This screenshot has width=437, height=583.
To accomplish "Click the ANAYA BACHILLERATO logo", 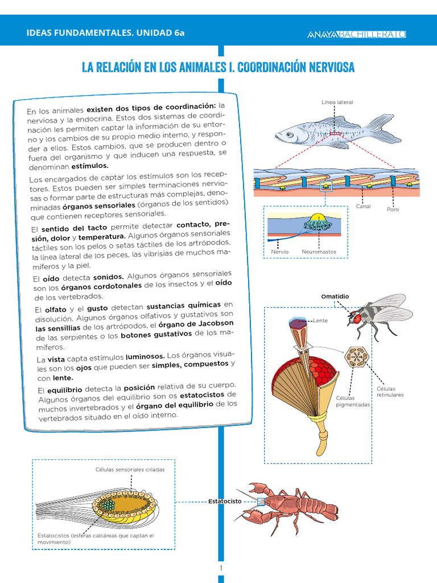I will click(x=356, y=34).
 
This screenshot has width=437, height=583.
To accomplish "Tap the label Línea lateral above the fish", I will click(x=337, y=102).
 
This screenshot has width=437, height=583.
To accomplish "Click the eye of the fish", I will click(x=290, y=135).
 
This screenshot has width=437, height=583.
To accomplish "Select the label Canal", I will click(x=363, y=206).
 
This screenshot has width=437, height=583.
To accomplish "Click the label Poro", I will click(x=393, y=210).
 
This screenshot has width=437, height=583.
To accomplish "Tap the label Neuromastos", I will click(x=319, y=252).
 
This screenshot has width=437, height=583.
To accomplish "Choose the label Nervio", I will click(x=279, y=252).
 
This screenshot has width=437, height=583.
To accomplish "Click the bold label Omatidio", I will click(x=335, y=297).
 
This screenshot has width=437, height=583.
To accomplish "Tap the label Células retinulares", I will click(x=390, y=392).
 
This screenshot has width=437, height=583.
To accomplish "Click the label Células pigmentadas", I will click(x=353, y=401).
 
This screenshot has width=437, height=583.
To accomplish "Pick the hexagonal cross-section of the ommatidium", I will click(x=357, y=358).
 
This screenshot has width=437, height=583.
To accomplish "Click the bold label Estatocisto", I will click(x=224, y=502).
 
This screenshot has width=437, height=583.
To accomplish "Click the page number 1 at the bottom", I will click(x=221, y=568).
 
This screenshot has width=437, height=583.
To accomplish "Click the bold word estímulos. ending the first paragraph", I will click(x=89, y=166).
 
